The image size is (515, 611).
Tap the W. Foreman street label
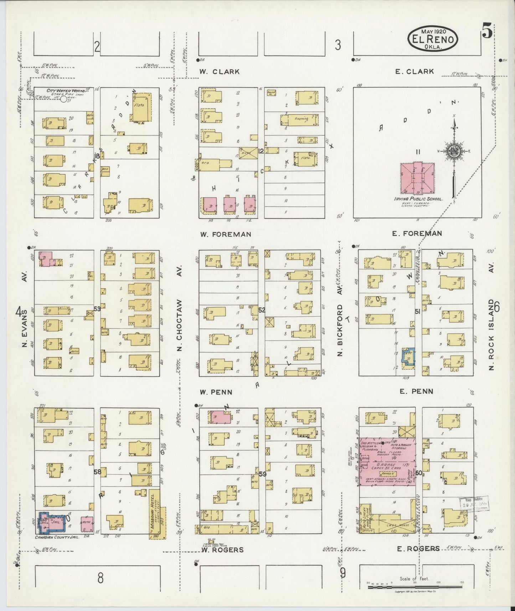(225, 234)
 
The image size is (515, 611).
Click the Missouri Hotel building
(154, 513)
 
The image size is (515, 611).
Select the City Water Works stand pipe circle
(63, 99)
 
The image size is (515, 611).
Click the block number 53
(97, 309)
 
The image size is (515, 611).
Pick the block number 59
(262, 474)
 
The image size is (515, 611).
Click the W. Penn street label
(216, 392)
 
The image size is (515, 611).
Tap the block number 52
(262, 310)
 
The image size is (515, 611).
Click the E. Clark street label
(414, 71)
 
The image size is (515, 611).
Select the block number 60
(418, 473)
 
